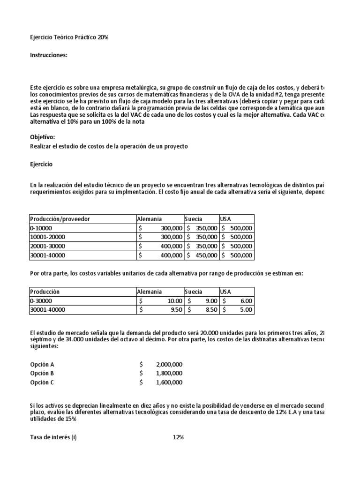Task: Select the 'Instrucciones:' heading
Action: coord(49,55)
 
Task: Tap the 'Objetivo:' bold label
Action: coord(42,137)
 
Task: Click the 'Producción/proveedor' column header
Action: coord(60,219)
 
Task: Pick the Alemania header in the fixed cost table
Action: coord(150,219)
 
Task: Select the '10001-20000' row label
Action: coord(48,237)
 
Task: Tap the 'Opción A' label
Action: coord(42,364)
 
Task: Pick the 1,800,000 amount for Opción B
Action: coord(169,373)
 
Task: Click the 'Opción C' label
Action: coord(42,382)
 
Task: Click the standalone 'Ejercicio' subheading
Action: coord(42,165)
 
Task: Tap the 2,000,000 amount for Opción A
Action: coord(169,364)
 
